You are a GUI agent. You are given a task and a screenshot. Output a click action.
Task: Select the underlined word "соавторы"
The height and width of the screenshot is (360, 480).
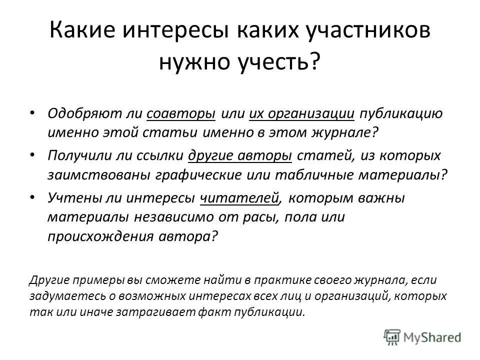181,113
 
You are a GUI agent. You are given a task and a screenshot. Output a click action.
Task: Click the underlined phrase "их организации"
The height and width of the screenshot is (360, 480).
302,113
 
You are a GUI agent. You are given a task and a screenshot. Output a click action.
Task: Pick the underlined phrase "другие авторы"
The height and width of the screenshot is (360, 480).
240,155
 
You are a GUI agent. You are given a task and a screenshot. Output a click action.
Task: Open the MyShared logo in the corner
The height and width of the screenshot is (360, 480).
422,336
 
